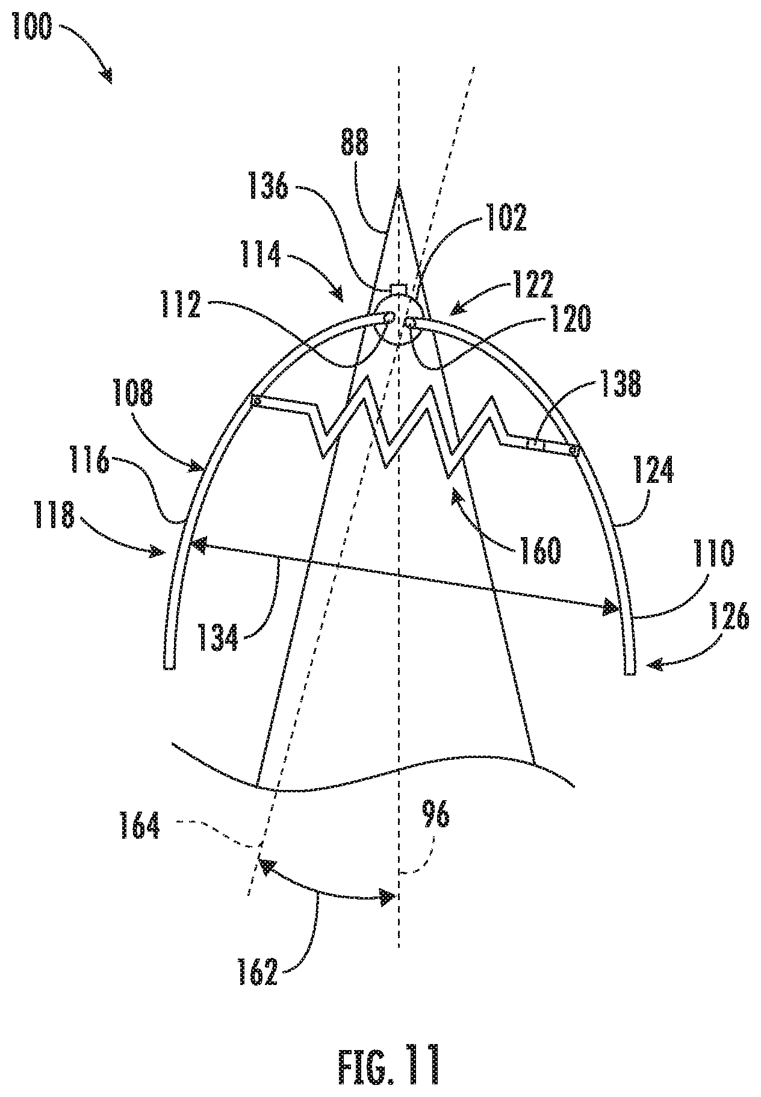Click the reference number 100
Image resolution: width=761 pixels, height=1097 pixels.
point(31,29)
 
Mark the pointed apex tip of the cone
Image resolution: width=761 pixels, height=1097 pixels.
point(399,188)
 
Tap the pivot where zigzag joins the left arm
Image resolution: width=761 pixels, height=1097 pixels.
point(256,401)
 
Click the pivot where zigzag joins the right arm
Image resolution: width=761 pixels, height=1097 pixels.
point(573,449)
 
